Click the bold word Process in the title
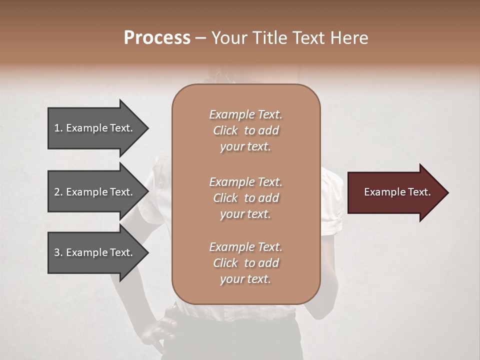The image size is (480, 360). [x=157, y=38]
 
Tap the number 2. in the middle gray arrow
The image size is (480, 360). [x=58, y=192]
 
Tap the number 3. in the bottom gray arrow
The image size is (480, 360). [x=58, y=252]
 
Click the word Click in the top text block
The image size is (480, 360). [x=225, y=130]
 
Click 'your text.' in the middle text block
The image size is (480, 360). [x=245, y=214]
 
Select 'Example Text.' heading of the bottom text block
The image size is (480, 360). [x=245, y=247]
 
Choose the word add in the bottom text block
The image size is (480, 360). [x=269, y=263]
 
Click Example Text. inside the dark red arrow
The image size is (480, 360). [x=397, y=192]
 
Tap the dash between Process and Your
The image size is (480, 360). [x=200, y=38]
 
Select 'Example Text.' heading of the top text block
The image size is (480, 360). [x=245, y=114]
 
